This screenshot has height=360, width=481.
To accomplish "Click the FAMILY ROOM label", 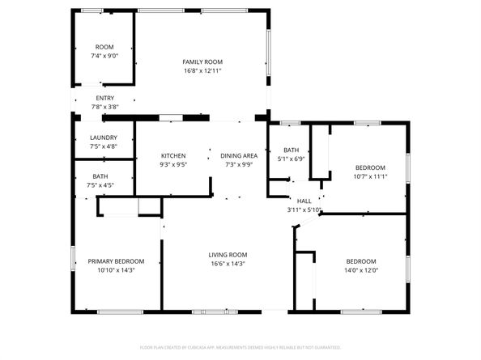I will coord(202,61).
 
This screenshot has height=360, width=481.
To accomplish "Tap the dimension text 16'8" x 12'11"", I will coord(202,71).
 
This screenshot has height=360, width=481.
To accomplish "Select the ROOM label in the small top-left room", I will coord(104,47).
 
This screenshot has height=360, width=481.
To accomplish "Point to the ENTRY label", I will coord(104,98).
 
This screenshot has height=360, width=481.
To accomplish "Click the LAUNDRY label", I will coord(103,138).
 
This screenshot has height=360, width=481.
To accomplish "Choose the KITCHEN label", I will coord(173,155).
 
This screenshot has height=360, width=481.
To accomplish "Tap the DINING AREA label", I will coord(239,155).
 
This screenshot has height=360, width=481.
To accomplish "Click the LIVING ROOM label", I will coord(228,254).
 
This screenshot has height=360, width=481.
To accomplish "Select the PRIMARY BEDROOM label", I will coord(116,260).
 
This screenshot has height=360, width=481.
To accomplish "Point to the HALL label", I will coord(304,201).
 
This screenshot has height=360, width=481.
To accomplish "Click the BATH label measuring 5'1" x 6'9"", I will coord(291,150).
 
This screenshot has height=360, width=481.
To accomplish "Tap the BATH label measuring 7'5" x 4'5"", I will coord(100,176).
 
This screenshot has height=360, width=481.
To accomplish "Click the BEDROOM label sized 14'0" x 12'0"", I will coord(361,260).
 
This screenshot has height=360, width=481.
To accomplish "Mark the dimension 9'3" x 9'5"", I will coord(173,164).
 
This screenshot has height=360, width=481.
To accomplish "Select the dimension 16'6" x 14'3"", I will coord(228,264).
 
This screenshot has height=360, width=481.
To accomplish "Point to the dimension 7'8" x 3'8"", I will coord(104,107).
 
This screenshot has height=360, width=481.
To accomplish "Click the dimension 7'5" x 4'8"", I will coord(103,146).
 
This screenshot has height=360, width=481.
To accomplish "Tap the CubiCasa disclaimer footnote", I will coord(240,347).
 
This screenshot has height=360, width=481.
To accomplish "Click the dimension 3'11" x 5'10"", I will coord(304,210).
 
